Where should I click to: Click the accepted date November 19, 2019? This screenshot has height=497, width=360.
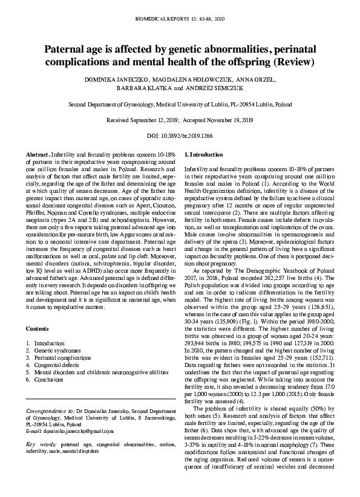pos(231,120)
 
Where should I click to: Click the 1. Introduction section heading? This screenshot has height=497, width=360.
pos(203,155)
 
